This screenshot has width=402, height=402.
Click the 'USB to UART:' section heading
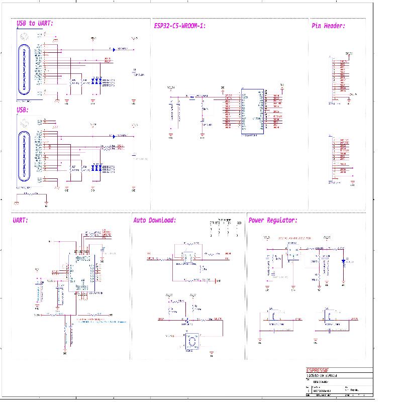click(x=35, y=24)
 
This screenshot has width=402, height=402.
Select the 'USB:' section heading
click(x=23, y=110)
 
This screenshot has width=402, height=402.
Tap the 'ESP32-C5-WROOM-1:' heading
click(x=179, y=26)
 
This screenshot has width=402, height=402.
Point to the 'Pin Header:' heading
click(x=328, y=26)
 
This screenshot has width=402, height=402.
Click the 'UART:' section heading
click(x=20, y=220)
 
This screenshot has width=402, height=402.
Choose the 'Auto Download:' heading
click(x=154, y=220)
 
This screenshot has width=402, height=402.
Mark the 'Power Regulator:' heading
click(x=272, y=220)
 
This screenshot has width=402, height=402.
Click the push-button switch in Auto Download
click(x=190, y=342)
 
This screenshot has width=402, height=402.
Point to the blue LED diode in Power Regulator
click(x=343, y=261)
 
